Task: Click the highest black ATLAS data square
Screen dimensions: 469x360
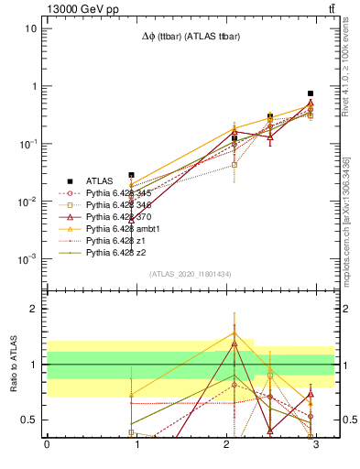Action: tap(311, 93)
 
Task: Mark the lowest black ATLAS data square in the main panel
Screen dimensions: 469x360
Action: tap(131, 175)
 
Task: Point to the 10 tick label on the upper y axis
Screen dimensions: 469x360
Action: tap(30, 27)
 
